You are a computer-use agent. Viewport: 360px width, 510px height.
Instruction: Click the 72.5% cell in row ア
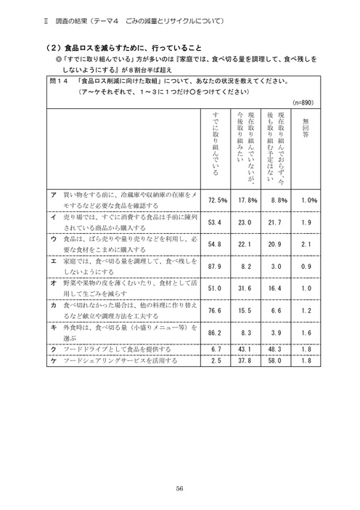pyautogui.click(x=218, y=200)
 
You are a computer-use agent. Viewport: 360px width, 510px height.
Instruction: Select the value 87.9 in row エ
pyautogui.click(x=217, y=267)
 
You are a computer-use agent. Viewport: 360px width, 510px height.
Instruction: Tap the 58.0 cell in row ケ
pyautogui.click(x=279, y=360)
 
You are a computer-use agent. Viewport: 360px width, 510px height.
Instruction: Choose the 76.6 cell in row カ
pyautogui.click(x=217, y=310)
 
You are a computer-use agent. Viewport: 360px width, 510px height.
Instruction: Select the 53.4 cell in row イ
pyautogui.click(x=217, y=222)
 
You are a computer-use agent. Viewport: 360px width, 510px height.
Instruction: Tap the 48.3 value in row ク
pyautogui.click(x=279, y=349)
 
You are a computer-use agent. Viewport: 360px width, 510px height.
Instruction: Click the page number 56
pyautogui.click(x=179, y=488)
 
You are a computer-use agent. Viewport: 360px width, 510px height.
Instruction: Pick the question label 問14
pyautogui.click(x=59, y=81)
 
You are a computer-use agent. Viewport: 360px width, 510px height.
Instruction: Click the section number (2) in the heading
pyautogui.click(x=51, y=47)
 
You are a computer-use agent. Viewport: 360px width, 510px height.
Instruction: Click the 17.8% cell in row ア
pyautogui.click(x=247, y=200)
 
